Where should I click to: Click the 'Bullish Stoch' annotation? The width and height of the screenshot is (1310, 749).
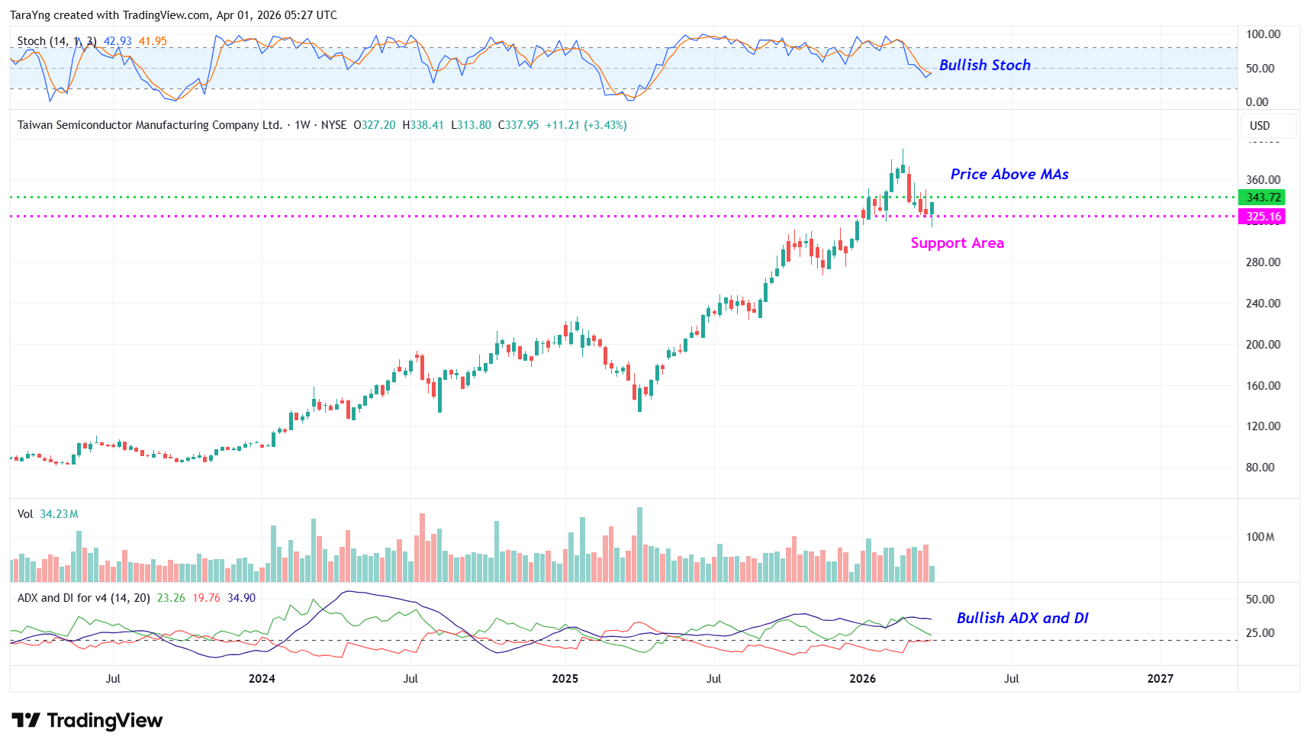(984, 66)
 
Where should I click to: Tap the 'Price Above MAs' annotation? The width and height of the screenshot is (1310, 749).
(1009, 175)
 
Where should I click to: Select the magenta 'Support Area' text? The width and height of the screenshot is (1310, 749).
(957, 243)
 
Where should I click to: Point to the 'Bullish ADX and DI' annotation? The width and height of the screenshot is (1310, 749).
(1022, 619)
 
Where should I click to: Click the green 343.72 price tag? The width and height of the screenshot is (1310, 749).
(1263, 198)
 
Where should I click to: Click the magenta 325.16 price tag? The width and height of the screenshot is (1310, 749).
(1263, 217)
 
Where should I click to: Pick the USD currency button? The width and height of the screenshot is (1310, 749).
(1260, 126)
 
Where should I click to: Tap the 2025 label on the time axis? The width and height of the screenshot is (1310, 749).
(565, 679)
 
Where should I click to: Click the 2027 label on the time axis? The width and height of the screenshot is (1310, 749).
(1160, 679)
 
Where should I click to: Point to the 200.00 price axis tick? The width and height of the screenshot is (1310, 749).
(1263, 345)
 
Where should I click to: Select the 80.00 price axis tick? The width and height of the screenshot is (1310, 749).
(1260, 468)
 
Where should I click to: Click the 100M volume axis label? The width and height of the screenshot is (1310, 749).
(1260, 537)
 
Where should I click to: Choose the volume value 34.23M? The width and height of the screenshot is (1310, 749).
(59, 514)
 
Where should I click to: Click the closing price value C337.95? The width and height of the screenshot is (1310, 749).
(518, 125)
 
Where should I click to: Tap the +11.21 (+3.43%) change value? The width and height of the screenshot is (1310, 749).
(586, 125)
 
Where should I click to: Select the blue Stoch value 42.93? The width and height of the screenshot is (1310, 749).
(117, 41)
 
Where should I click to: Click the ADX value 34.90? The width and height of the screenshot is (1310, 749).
(241, 598)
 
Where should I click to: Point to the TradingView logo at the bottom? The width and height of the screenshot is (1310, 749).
(87, 721)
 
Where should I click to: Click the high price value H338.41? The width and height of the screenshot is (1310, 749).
(423, 125)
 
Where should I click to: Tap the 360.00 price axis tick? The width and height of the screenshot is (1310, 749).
(1263, 181)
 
